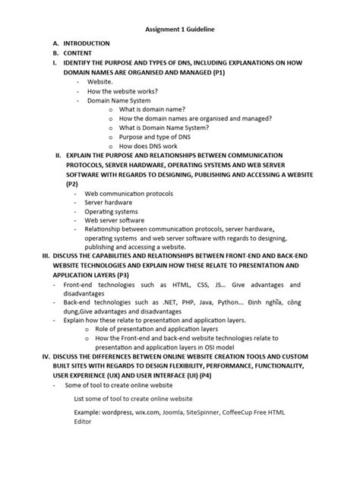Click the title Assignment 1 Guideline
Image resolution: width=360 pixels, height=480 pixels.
tap(180, 29)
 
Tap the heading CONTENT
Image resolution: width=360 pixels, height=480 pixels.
tap(77, 53)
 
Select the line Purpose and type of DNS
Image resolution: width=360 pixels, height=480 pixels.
tap(158, 137)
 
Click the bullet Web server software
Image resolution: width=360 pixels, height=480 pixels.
tap(114, 221)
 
